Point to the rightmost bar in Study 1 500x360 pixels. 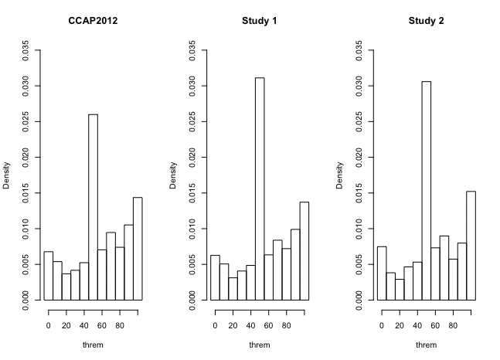[304, 250]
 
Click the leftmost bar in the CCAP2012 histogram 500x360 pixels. [48, 275]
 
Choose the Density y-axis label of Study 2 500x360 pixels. [340, 175]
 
